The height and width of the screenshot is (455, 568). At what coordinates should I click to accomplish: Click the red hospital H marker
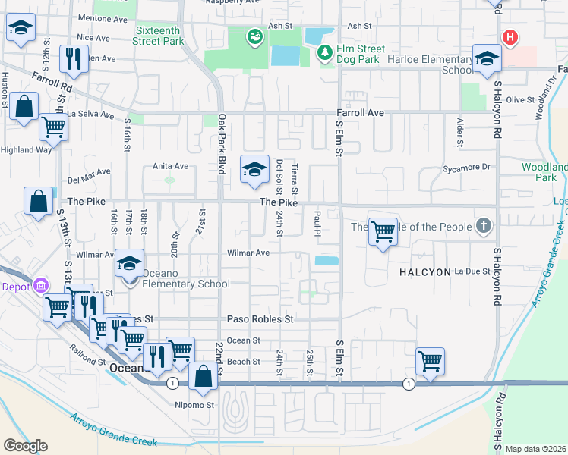510,37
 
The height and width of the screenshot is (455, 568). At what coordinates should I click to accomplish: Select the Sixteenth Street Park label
160,36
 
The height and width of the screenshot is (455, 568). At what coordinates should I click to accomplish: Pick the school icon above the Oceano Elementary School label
129,262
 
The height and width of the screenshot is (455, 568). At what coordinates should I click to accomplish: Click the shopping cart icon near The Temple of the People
383,231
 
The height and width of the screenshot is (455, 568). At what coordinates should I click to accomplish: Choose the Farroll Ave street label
361,113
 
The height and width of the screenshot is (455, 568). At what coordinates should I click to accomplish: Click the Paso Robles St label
260,320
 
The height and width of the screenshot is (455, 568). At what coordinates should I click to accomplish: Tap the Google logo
25,446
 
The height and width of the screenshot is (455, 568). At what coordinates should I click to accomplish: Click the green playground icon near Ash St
254,36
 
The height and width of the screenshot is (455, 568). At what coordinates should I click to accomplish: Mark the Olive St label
520,99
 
